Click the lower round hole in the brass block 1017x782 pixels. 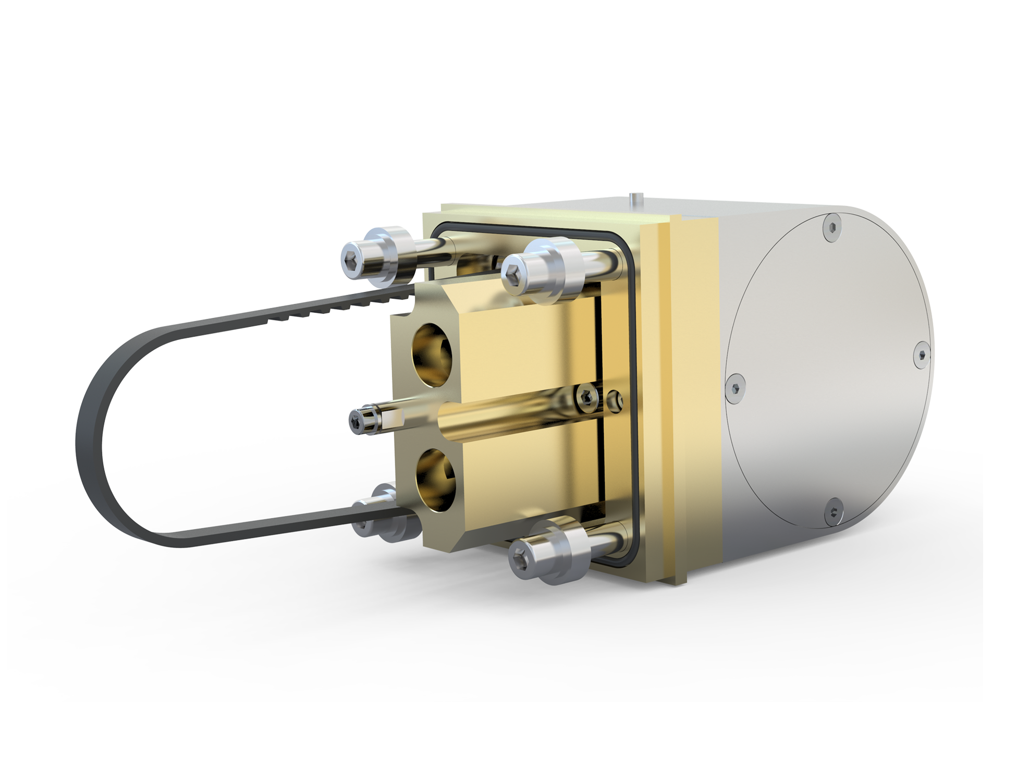(x=434, y=479)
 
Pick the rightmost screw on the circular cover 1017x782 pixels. (x=922, y=355)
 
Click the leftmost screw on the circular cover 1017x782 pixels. (x=736, y=387)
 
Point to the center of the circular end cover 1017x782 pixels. (x=829, y=368)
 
